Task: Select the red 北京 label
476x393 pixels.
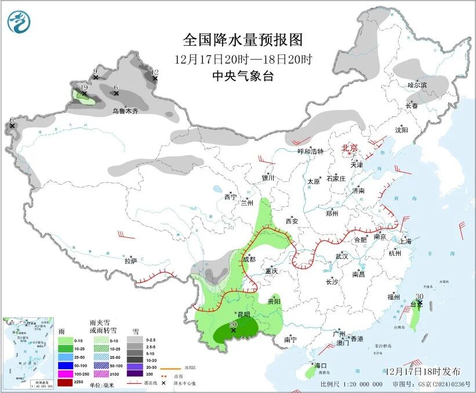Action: point(350,148)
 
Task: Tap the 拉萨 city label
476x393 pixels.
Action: point(130,261)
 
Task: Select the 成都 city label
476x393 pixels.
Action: point(249,259)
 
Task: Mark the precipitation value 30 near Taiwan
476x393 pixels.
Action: point(419,296)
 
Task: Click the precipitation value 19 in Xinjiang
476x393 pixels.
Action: point(84,87)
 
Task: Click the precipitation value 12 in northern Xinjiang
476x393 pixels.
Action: point(154,72)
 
